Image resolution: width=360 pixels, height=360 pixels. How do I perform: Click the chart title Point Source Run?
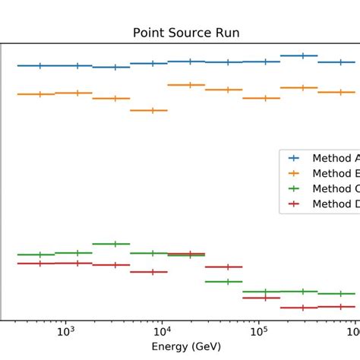coord(186,33)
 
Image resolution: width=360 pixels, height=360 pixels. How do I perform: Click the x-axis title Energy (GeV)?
coord(186,346)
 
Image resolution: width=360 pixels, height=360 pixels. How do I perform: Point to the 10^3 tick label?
coord(66,331)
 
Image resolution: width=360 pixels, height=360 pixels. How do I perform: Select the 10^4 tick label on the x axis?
coord(163,331)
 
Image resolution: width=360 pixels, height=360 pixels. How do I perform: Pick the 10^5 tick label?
coord(259,331)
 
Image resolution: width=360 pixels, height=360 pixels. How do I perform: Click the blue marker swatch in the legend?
coord(295,158)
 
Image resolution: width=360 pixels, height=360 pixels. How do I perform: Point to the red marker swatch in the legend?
coord(295,204)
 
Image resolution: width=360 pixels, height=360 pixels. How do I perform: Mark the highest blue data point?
coord(303,55)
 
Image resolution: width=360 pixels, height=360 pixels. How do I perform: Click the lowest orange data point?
coord(153,110)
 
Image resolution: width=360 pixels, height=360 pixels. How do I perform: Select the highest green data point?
coord(115,244)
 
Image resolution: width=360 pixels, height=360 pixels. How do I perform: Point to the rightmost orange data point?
coord(340,92)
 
